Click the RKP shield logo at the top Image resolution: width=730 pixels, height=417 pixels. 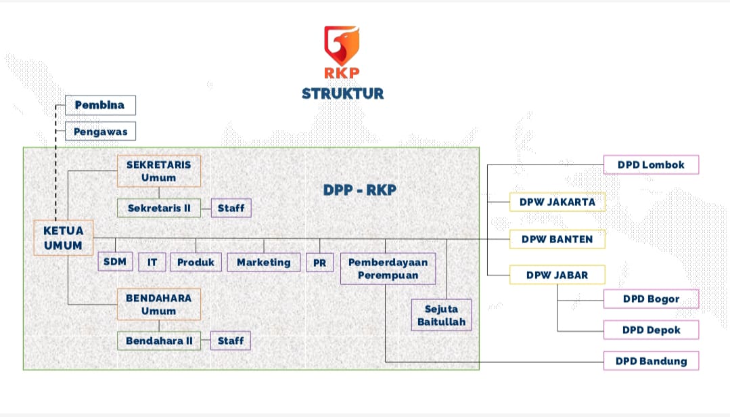point(342,46)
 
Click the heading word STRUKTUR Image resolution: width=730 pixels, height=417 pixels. point(342,93)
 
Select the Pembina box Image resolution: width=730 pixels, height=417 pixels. point(100,105)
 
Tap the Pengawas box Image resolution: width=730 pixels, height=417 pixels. point(100,131)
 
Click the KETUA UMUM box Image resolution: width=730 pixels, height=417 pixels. point(63,238)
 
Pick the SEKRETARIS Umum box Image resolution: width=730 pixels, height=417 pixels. point(159,171)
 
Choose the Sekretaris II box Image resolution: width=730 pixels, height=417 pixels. point(159,208)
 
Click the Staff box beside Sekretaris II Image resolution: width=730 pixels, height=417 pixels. point(231,208)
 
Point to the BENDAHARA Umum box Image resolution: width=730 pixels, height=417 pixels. point(159,305)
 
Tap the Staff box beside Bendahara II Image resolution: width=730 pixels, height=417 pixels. point(231,341)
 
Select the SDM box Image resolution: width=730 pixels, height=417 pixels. point(115,261)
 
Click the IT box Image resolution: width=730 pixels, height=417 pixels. point(152,262)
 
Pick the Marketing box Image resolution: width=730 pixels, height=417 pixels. point(263,262)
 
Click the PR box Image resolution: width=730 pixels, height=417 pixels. point(320,262)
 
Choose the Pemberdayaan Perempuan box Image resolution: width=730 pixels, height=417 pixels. point(388,269)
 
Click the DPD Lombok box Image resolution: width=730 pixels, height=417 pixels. point(651,164)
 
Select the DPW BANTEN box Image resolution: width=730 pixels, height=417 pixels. point(557,239)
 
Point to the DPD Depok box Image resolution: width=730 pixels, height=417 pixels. point(651,330)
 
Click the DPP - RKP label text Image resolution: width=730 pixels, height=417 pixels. point(359,190)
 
